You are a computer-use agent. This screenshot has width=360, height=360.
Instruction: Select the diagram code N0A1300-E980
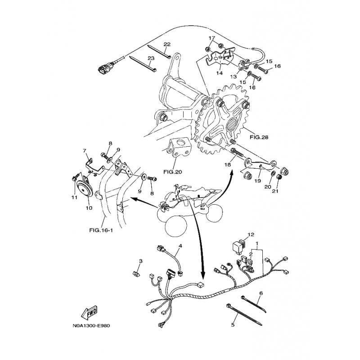[91, 326]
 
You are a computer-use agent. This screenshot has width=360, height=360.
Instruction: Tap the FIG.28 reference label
[259, 137]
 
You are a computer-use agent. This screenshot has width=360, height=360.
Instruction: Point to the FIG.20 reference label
[173, 171]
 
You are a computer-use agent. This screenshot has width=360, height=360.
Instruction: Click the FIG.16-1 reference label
[101, 230]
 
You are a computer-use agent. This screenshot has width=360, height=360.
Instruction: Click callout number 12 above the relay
[251, 234]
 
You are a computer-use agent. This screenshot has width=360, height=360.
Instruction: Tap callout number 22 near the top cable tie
[167, 44]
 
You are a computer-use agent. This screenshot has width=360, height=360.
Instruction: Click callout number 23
[151, 58]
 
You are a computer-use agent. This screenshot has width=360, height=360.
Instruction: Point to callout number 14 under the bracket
[220, 73]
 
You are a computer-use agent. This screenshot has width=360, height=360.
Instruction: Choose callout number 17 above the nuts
[212, 38]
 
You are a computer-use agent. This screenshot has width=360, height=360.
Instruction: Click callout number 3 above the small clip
[141, 261]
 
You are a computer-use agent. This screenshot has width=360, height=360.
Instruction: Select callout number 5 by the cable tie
[233, 325]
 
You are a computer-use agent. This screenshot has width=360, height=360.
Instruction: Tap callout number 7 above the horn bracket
[85, 151]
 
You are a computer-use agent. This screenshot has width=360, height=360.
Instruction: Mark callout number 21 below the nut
[275, 191]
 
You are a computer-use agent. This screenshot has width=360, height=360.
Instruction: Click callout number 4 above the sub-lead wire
[180, 246]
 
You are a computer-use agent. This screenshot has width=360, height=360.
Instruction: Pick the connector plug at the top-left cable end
[103, 70]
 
